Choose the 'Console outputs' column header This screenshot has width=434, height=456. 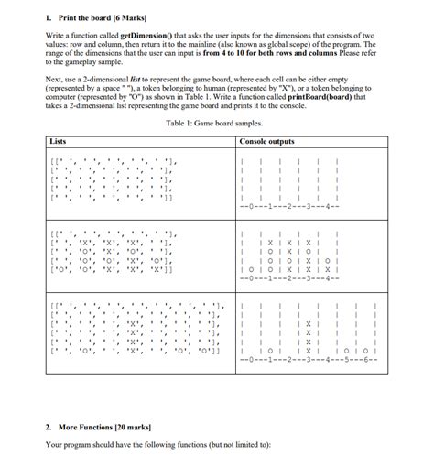tap(266, 141)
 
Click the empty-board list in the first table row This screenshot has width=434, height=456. tap(110, 179)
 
